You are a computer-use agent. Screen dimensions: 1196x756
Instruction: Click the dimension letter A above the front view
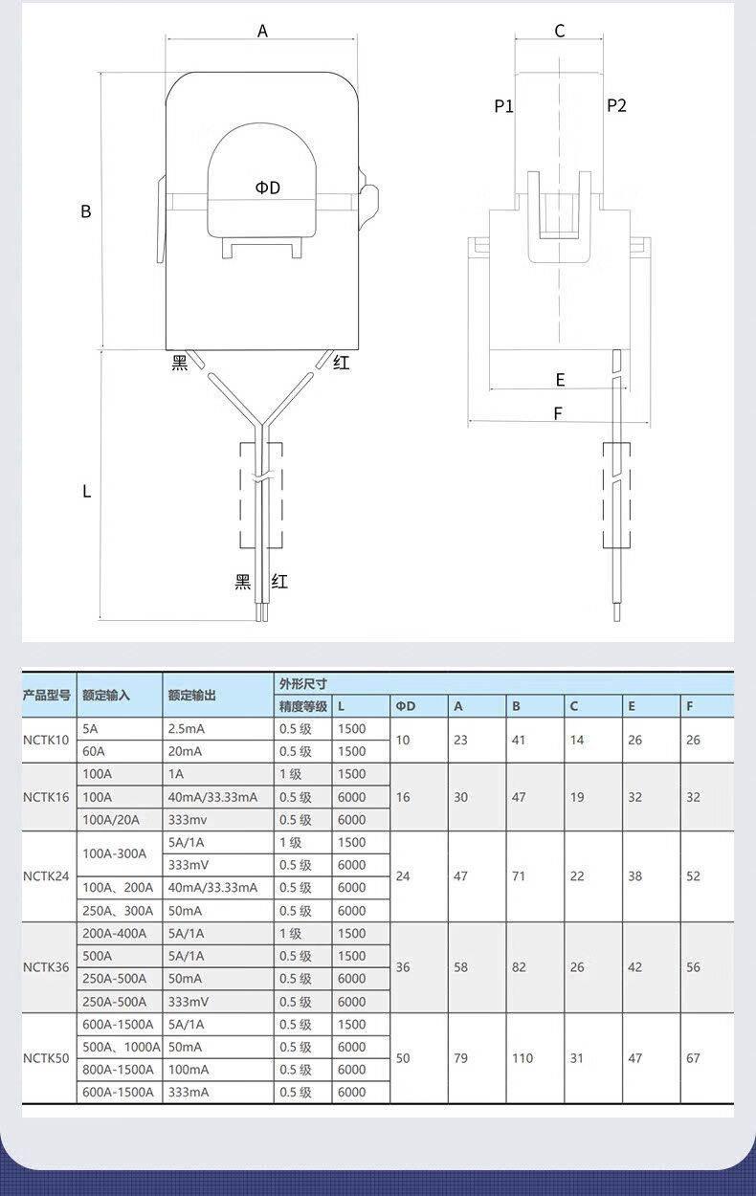click(x=262, y=31)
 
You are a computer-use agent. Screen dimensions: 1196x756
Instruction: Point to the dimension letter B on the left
click(x=86, y=211)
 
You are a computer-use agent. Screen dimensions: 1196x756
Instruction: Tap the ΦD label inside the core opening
click(x=268, y=188)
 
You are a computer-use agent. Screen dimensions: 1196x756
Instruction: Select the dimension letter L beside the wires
click(x=86, y=491)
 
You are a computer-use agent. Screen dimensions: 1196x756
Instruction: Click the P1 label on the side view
click(x=503, y=106)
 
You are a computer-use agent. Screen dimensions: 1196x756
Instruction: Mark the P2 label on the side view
click(x=616, y=105)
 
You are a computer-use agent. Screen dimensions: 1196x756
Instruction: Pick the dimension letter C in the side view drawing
click(x=560, y=31)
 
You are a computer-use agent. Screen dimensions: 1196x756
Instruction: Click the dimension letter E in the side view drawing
click(x=560, y=380)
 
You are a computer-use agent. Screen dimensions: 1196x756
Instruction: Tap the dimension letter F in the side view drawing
click(x=558, y=413)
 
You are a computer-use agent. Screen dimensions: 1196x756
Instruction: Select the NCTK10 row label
click(x=46, y=740)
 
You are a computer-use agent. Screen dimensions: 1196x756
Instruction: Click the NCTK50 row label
click(x=46, y=1058)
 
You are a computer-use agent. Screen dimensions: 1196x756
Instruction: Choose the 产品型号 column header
click(x=47, y=696)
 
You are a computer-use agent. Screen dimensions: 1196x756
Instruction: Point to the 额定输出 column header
click(x=191, y=696)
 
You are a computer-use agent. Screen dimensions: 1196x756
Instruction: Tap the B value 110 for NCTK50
click(x=523, y=1058)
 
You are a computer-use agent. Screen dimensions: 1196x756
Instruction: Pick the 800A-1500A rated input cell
click(x=118, y=1070)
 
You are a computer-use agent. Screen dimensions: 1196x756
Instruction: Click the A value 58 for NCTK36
click(x=461, y=967)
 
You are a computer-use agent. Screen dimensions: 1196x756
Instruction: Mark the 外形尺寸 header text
click(x=302, y=684)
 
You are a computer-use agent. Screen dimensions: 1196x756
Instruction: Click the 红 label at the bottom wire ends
click(x=279, y=581)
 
